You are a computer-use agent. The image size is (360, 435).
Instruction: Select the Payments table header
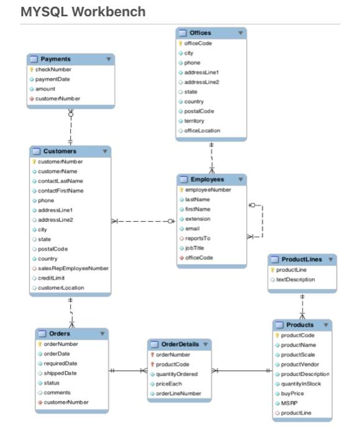55,59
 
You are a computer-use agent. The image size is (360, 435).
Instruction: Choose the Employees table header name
207,180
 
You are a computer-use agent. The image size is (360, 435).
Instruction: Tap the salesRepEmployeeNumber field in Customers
73,268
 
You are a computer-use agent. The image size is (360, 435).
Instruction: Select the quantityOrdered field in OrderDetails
177,374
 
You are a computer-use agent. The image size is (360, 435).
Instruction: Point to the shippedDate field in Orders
60,373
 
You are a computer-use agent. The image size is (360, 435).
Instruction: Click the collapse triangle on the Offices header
240,33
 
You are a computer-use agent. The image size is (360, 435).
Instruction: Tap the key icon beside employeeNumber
182,190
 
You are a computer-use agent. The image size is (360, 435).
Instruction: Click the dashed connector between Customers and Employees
143,221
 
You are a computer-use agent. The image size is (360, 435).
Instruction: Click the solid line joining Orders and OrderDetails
127,371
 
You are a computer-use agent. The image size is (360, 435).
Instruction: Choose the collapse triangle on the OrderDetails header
205,344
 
